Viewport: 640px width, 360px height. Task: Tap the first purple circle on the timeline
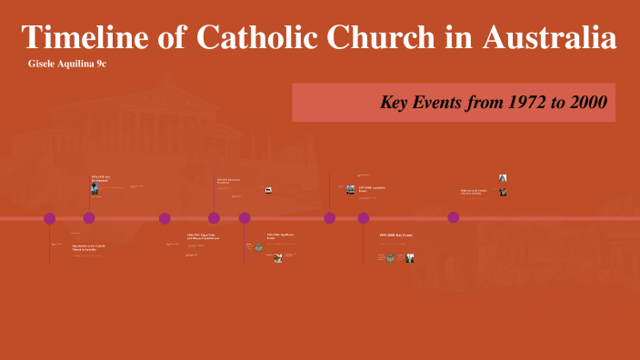click(50, 218)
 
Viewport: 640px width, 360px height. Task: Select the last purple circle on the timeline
click(454, 218)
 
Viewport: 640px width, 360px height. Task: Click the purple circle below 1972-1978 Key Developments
click(89, 218)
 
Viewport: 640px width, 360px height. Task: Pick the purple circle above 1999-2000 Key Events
click(364, 218)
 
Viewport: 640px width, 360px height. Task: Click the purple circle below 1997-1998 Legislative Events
click(330, 218)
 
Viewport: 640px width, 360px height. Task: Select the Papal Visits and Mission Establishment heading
click(202, 237)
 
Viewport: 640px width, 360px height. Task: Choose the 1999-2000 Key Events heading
click(395, 235)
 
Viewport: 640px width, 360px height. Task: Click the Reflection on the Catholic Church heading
click(475, 191)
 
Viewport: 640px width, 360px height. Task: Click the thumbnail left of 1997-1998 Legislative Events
click(350, 189)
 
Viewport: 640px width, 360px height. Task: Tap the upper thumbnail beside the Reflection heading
click(502, 178)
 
